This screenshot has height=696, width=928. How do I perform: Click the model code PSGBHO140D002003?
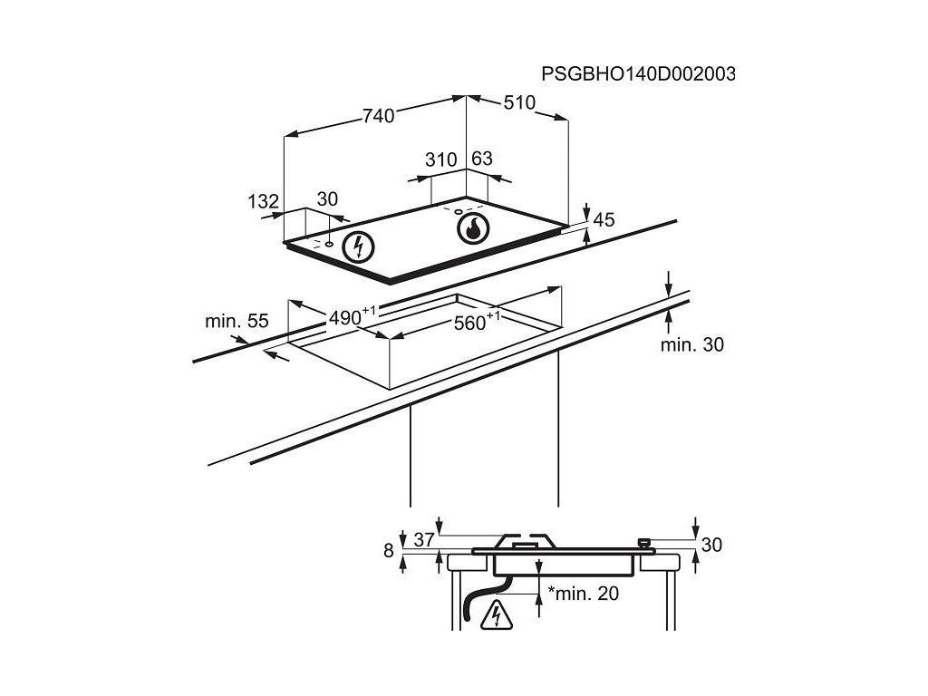pos(638,73)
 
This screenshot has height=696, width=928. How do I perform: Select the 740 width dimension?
pos(378,115)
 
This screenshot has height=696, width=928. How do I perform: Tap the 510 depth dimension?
pos(519,102)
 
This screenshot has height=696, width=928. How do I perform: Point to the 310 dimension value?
pos(440,160)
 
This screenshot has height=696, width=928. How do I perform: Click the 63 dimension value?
pos(482,159)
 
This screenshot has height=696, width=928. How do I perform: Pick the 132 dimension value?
pos(263,202)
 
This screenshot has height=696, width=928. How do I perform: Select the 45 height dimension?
pos(604,219)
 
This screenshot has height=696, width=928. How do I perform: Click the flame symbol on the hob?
pos(472,229)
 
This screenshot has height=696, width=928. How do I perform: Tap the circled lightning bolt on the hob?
pos(361,246)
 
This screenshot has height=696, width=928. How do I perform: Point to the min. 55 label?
pos(237,320)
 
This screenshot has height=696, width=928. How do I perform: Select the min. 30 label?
pos(691,344)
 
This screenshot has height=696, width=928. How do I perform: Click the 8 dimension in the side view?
pos(389,550)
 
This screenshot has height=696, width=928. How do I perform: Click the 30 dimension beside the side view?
pos(711,545)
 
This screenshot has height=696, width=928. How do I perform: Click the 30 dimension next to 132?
pos(327,199)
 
